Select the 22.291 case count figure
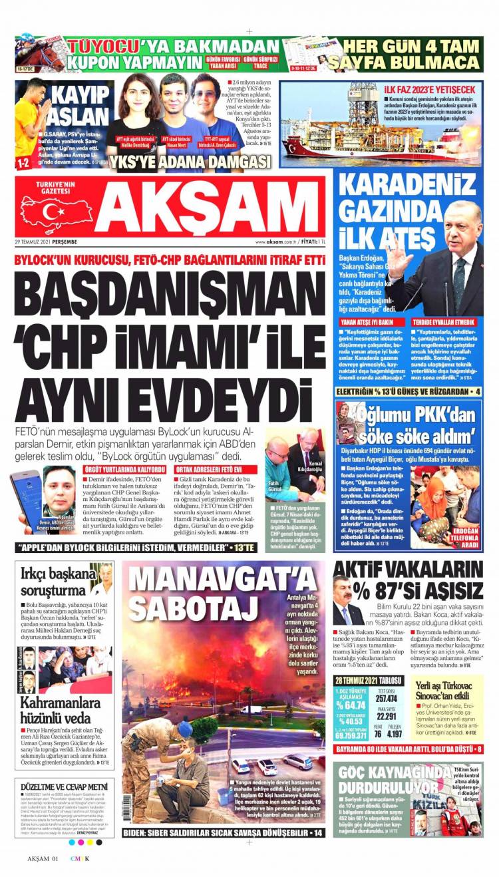387,716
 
